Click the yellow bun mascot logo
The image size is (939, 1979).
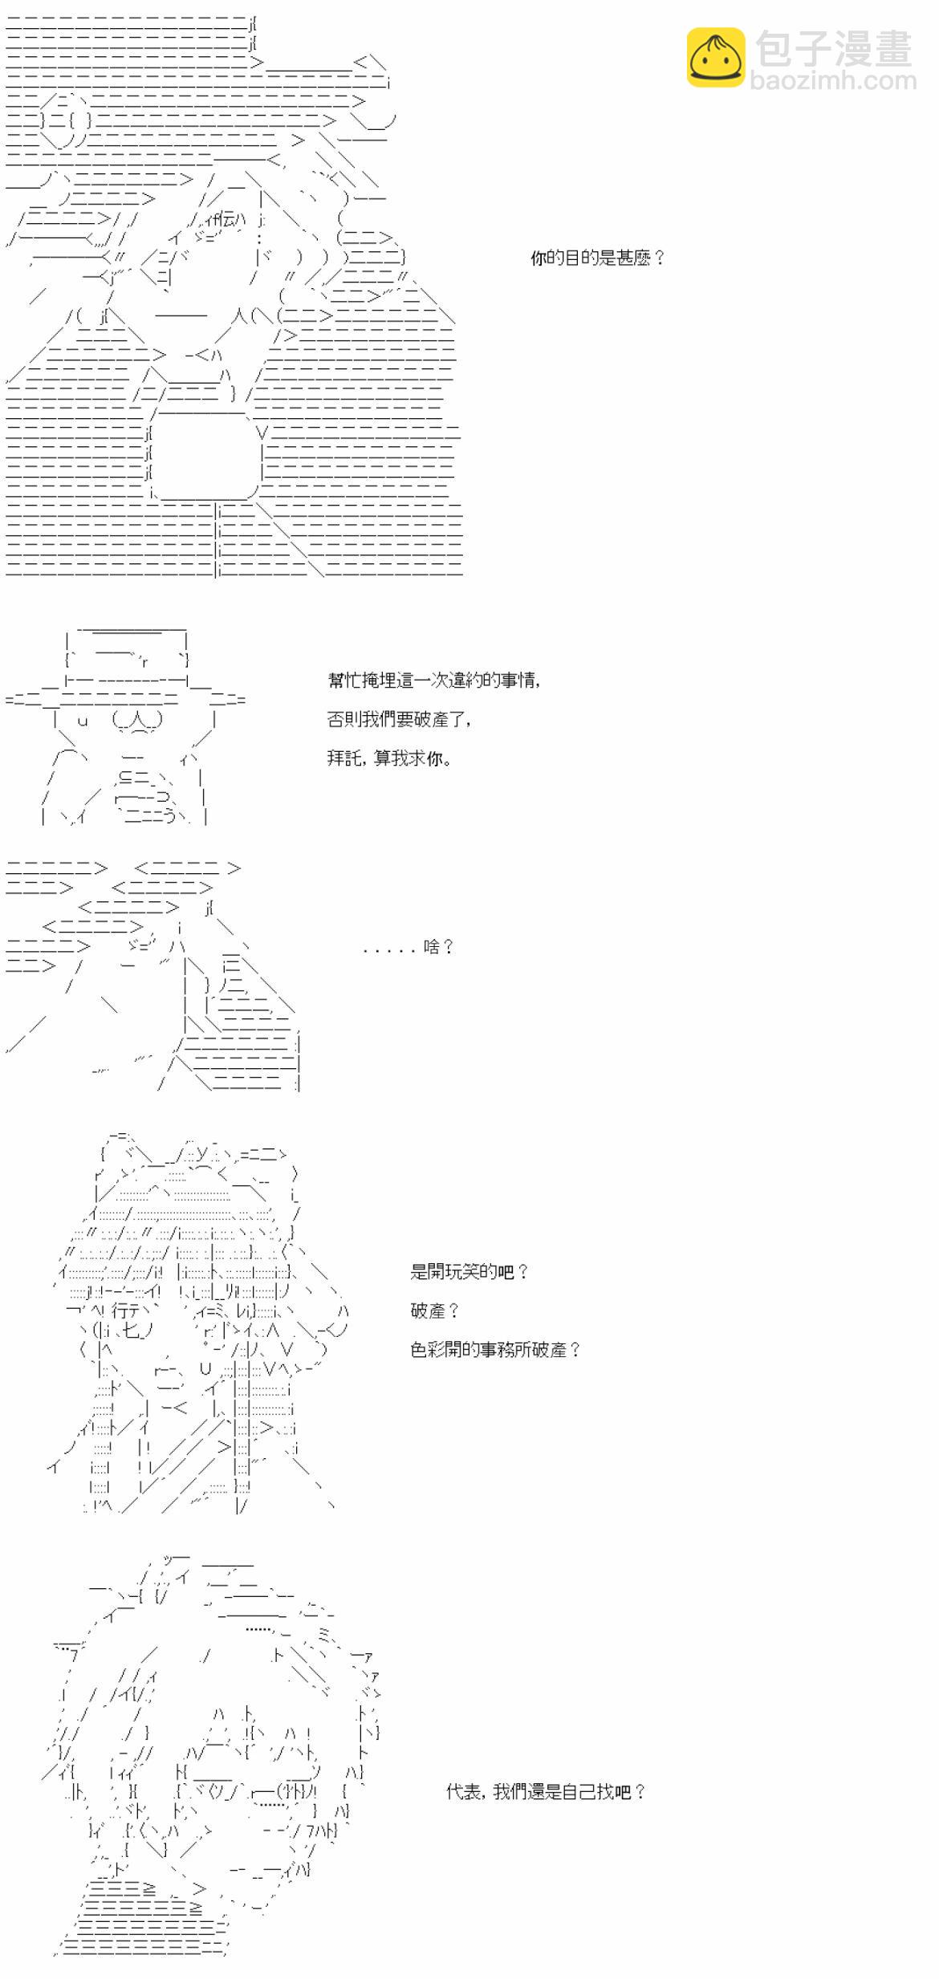(x=715, y=57)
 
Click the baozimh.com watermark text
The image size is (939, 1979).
(x=833, y=80)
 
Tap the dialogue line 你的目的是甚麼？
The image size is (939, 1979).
(x=598, y=258)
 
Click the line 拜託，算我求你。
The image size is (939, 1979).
(x=389, y=758)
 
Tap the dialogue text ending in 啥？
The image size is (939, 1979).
(x=409, y=947)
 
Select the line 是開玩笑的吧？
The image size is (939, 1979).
(x=469, y=1271)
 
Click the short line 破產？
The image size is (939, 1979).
(x=435, y=1311)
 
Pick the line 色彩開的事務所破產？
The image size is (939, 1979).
(x=495, y=1350)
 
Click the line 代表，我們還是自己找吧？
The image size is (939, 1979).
(x=546, y=1791)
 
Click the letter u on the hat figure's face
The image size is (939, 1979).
(x=82, y=720)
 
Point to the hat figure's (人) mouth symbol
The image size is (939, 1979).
(x=138, y=720)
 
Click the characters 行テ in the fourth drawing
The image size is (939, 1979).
(x=128, y=1311)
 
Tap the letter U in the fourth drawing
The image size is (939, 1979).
(x=205, y=1369)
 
